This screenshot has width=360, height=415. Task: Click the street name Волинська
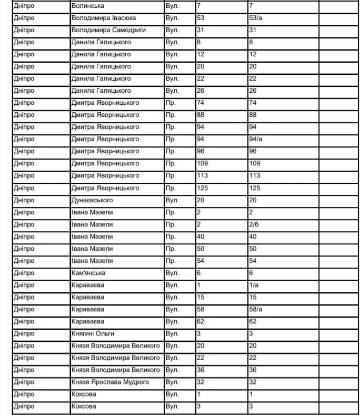pos(87,6)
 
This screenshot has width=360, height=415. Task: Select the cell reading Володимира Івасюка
pos(101,18)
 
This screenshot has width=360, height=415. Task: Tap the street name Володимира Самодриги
pos(108,30)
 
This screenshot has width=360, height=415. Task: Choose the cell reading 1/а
pos(253,285)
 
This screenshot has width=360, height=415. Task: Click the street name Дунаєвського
pos(92,200)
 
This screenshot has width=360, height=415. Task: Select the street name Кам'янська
pos(88,273)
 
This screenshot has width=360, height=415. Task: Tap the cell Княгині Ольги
pos(93,333)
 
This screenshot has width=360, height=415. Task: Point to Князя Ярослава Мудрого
pos(110,382)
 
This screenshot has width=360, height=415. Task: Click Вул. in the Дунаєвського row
pos(172,200)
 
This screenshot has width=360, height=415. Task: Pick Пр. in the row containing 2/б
pos(170,224)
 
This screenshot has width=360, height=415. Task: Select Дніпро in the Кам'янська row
pos(24,273)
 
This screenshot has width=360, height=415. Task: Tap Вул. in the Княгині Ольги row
pos(172,333)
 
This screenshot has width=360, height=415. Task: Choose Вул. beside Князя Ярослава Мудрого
pos(172,382)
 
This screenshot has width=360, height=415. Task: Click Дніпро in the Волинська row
pos(24,6)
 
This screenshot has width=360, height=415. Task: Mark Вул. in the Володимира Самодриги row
pos(172,30)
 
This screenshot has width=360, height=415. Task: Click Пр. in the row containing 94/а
pos(170,139)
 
